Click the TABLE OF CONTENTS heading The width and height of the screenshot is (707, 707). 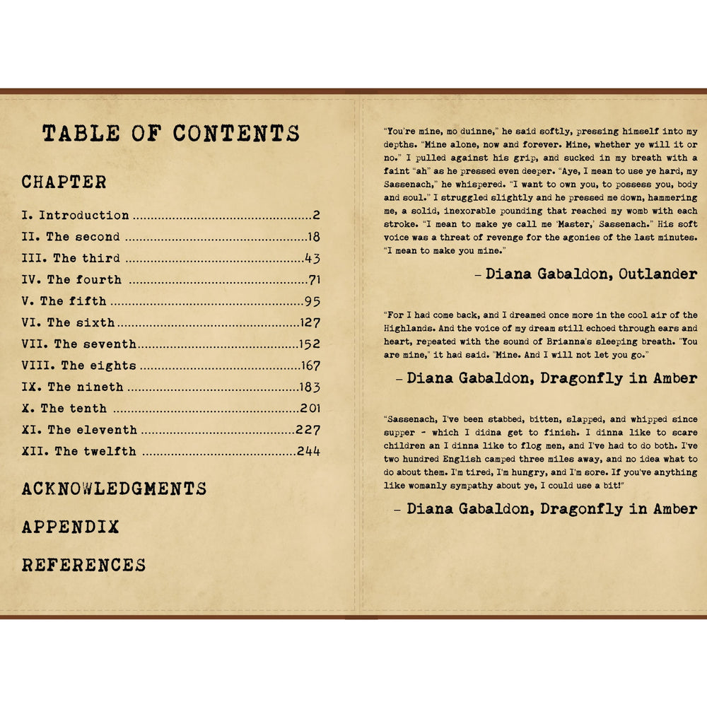point(170,134)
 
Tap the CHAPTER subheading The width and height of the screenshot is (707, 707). point(64,182)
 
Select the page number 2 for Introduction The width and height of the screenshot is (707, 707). point(316,216)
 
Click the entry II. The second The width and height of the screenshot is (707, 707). point(71,237)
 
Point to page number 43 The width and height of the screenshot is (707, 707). point(312,258)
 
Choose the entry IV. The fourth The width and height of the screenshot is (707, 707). point(71,279)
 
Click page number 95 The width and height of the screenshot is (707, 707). point(312,301)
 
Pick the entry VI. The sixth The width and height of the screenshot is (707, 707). point(68,322)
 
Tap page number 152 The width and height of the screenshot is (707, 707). point(309,344)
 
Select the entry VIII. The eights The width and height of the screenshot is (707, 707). point(78,366)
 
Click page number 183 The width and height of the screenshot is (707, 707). point(309,387)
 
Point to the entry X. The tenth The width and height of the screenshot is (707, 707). point(64,409)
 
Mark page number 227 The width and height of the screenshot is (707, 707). point(308,430)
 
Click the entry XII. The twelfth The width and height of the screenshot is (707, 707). point(79,451)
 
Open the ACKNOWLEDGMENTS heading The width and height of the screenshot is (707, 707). point(114,489)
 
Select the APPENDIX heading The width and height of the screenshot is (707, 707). point(70,527)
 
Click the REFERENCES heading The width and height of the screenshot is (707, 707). point(83,565)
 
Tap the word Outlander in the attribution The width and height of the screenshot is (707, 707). point(658,274)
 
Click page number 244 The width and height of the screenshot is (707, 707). point(308,451)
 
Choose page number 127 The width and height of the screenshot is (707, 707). point(309,322)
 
